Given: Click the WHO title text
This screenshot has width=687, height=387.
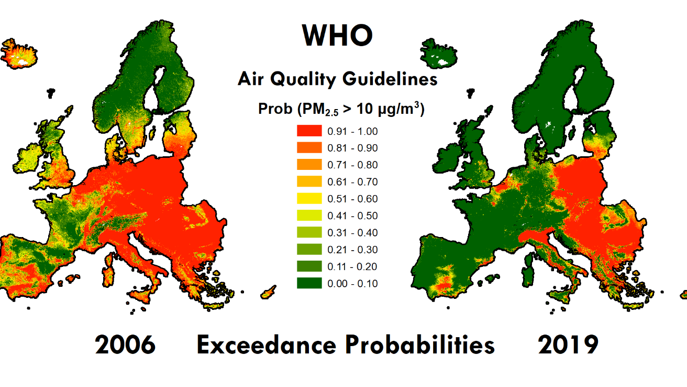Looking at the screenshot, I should (x=338, y=36).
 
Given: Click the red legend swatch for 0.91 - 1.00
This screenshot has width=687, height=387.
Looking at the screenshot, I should (x=309, y=131).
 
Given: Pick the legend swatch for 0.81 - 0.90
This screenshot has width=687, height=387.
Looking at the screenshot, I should (x=309, y=148).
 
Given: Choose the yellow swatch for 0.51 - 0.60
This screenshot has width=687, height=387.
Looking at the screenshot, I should (x=309, y=199).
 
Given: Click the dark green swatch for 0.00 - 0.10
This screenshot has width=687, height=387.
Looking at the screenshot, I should (x=309, y=283).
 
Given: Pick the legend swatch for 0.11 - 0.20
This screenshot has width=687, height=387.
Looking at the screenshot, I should (x=309, y=266).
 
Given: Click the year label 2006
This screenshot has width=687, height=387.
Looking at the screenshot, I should (x=125, y=346).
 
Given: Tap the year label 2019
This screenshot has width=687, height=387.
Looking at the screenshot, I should (x=568, y=346).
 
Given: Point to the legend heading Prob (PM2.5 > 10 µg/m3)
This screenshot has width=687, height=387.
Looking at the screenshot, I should (x=341, y=109).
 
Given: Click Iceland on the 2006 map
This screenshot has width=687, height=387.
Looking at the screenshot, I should (x=19, y=53).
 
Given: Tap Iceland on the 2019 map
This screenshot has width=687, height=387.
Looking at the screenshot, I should (x=440, y=54).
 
